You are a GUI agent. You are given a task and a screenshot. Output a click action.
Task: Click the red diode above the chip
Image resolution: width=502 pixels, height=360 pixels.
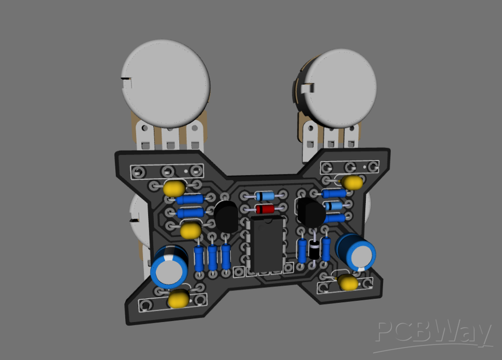[x=265, y=209]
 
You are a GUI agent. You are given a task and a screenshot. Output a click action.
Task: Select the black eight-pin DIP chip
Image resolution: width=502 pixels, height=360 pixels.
[x=267, y=244]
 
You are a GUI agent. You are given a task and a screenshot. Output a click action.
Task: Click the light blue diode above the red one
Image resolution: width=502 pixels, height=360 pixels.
[x=264, y=196]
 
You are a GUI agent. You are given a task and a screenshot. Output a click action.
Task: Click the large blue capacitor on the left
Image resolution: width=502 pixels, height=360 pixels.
[x=169, y=266]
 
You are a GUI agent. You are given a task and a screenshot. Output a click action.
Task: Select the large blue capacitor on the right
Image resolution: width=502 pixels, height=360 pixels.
[x=356, y=252]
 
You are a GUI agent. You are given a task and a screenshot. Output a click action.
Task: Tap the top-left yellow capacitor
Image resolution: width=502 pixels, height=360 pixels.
[x=174, y=188]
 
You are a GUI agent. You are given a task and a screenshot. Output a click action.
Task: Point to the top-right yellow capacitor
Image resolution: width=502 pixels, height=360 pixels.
[x=353, y=182]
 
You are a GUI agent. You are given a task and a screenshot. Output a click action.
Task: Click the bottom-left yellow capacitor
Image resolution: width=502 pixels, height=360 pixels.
[x=178, y=299]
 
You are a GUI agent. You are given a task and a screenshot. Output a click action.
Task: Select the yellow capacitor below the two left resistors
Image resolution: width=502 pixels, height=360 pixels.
[x=191, y=229]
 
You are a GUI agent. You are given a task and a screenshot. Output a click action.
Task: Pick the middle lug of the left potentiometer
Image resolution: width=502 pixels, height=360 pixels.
[x=168, y=138]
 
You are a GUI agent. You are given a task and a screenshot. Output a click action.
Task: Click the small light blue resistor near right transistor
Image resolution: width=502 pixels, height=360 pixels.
[x=334, y=206]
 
